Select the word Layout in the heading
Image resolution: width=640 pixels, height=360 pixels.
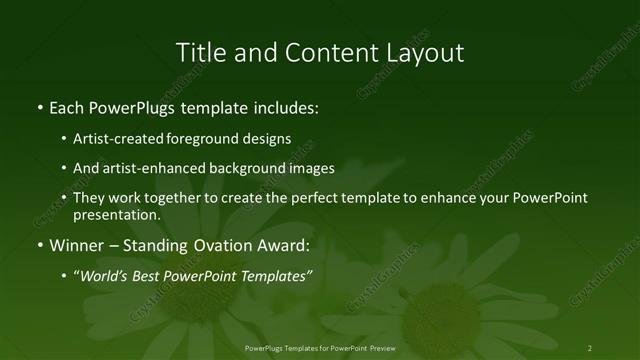[x=424, y=52]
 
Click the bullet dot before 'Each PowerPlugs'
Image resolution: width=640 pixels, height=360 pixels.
[x=39, y=106]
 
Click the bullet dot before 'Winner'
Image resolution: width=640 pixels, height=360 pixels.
[x=39, y=245]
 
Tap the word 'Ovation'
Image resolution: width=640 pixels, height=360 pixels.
[x=225, y=245]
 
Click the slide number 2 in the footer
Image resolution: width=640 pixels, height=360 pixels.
[x=590, y=347]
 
